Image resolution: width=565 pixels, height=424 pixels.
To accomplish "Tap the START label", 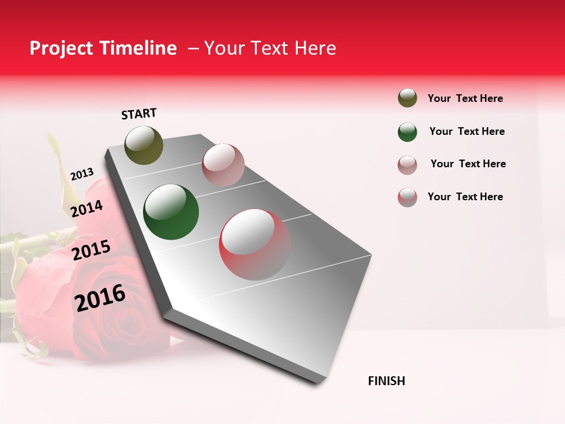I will [139, 114].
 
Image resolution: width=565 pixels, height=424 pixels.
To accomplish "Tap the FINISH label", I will [387, 381].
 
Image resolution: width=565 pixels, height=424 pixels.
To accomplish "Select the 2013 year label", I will [82, 174].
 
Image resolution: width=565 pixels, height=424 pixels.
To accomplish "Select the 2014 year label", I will [87, 208].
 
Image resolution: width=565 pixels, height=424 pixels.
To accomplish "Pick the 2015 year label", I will [91, 250].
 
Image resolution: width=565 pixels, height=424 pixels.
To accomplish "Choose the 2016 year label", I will [100, 297].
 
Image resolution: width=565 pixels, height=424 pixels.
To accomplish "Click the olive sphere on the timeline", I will [144, 145].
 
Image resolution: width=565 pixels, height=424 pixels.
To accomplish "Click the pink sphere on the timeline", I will [223, 164].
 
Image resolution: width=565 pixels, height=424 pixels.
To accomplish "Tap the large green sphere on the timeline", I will [171, 212].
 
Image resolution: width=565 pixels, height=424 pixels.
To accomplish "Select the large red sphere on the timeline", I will [255, 244].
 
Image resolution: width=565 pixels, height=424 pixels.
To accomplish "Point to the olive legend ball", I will [407, 98].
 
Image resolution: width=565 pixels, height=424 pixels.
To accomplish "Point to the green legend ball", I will [407, 132].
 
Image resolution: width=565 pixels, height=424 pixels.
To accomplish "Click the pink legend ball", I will [407, 165].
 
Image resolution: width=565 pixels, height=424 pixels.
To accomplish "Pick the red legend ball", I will [407, 197].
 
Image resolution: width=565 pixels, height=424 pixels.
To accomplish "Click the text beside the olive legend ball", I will [465, 98].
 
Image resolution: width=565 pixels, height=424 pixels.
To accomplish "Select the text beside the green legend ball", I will [467, 131].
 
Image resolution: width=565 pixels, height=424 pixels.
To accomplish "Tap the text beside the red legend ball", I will [465, 197].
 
